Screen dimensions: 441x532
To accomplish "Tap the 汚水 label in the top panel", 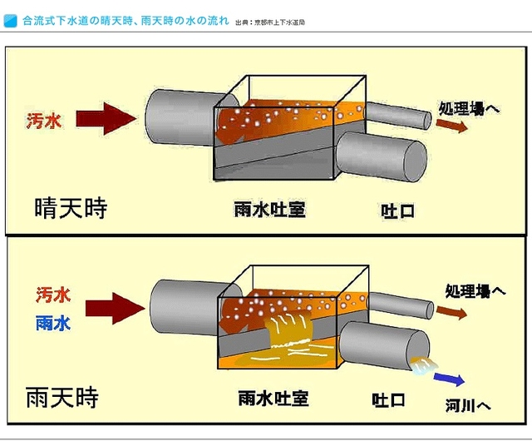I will click(43, 120).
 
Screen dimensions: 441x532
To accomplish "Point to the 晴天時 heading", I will click(71, 206).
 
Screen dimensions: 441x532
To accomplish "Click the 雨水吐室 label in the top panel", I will click(269, 209).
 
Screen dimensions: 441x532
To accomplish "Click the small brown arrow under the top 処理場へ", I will click(452, 126).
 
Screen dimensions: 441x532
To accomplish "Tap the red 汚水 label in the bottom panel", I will click(52, 295).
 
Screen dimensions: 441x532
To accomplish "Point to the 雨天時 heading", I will click(62, 396).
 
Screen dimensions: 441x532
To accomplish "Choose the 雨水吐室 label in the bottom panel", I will click(273, 398).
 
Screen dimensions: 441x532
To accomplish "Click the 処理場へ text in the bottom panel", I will click(475, 292).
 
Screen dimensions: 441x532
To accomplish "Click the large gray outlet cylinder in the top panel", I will click(380, 156).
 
